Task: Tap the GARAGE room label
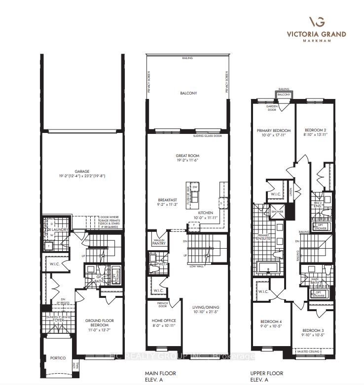coord(79,171)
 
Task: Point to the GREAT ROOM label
coord(188,156)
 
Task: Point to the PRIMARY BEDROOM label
coord(273,130)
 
